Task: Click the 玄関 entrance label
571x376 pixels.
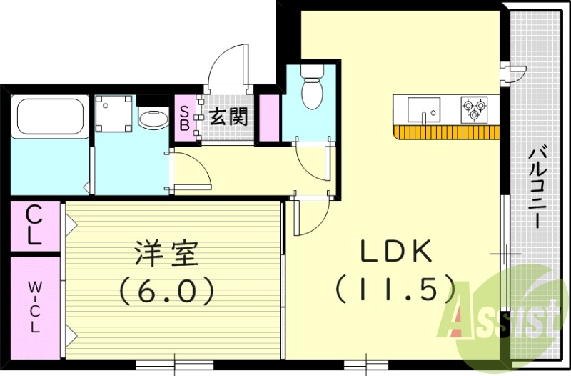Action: pos(228,116)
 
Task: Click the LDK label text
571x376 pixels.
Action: pos(394,252)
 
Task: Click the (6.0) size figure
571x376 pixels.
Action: pos(166,290)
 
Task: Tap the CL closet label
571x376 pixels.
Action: pos(33,225)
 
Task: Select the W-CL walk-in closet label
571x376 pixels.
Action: pos(34,307)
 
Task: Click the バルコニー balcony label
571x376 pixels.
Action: pos(539,186)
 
